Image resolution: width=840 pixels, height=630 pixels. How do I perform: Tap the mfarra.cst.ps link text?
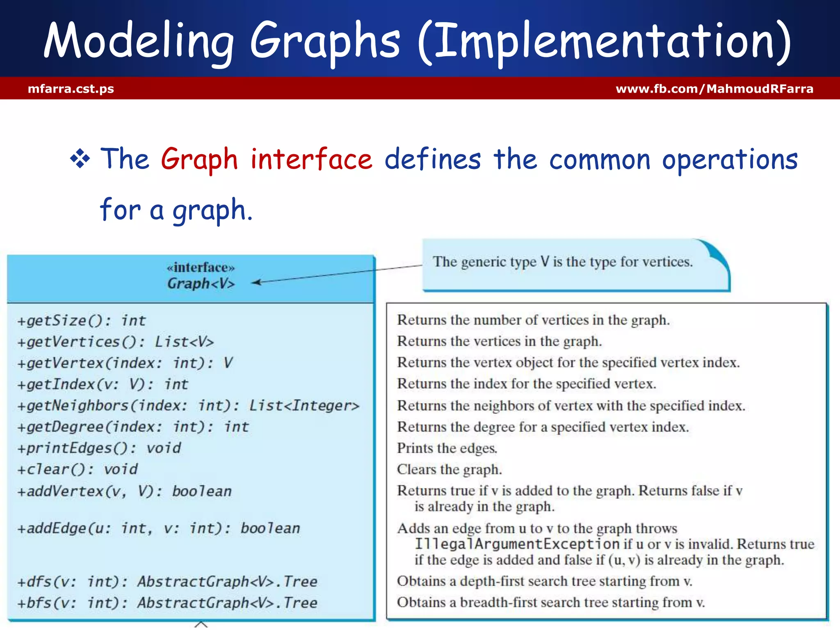pyautogui.click(x=71, y=89)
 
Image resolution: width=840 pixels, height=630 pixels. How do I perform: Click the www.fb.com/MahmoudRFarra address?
pyautogui.click(x=714, y=89)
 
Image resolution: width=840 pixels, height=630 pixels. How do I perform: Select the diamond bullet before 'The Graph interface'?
pyautogui.click(x=80, y=159)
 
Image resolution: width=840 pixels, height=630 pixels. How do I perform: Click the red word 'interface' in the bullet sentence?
pyautogui.click(x=311, y=159)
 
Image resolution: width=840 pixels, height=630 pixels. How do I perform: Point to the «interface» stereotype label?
pyautogui.click(x=201, y=268)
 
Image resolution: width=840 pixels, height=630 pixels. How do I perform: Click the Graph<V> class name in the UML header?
pyautogui.click(x=201, y=283)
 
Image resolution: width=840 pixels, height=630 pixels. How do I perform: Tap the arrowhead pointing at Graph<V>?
pyautogui.click(x=256, y=282)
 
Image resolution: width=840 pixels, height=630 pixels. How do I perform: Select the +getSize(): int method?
pyautogui.click(x=81, y=320)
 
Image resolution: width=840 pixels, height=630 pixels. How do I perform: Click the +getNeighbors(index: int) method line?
pyautogui.click(x=188, y=406)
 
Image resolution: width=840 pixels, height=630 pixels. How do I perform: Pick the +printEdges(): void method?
pyautogui.click(x=99, y=448)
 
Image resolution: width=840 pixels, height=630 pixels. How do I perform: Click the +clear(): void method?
pyautogui.click(x=78, y=469)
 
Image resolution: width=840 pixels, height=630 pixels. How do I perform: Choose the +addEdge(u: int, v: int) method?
pyautogui.click(x=158, y=528)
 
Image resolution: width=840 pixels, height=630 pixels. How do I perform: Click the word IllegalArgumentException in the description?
pyautogui.click(x=517, y=544)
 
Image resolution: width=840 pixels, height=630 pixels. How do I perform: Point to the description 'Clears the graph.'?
pyautogui.click(x=449, y=469)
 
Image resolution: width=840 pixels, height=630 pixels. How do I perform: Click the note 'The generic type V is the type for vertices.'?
pyautogui.click(x=562, y=262)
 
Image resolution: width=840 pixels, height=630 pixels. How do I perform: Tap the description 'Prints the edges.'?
pyautogui.click(x=447, y=448)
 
